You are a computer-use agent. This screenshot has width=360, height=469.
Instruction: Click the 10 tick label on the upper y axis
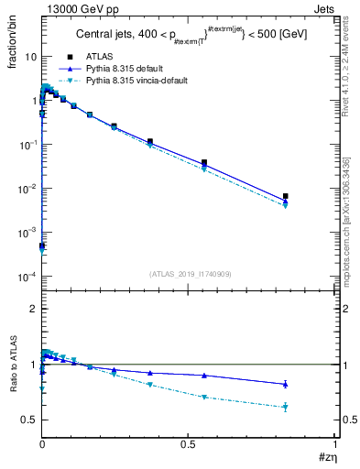[29, 57]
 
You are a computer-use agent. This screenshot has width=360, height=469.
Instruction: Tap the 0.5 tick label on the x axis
[188, 444]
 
